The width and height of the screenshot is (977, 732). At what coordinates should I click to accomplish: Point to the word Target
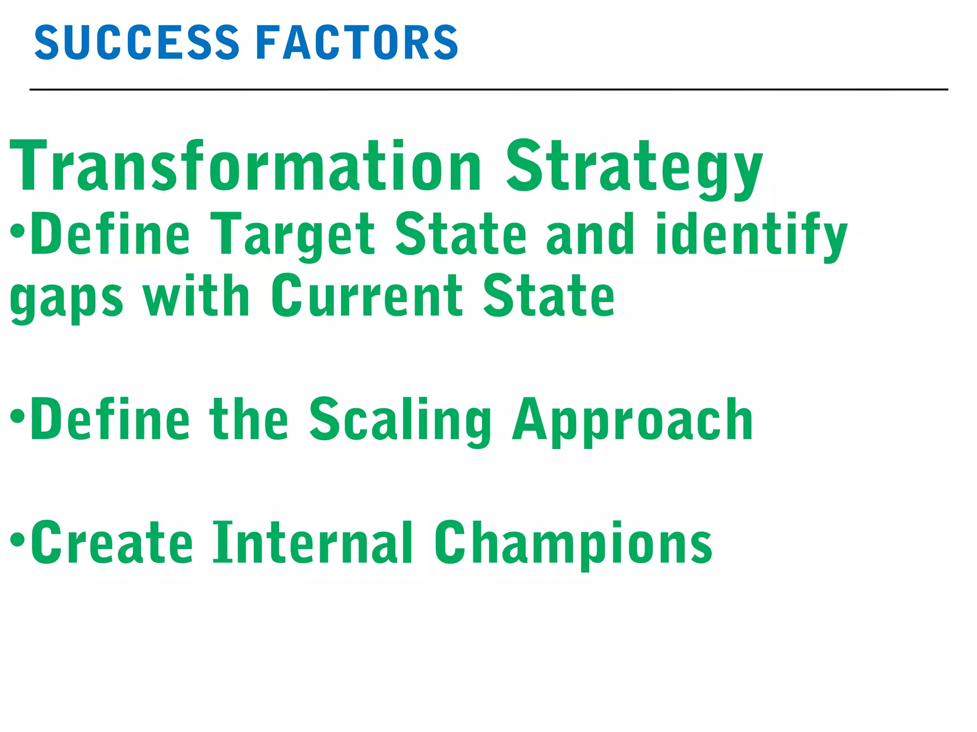tap(292, 235)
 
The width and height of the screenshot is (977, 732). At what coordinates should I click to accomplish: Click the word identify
tap(751, 235)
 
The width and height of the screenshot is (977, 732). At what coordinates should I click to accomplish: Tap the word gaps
tap(66, 298)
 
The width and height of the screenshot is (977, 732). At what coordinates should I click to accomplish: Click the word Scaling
tap(400, 421)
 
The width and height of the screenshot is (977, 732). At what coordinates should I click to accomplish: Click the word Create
tap(112, 543)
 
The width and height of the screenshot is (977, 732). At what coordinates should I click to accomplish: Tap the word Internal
tap(312, 543)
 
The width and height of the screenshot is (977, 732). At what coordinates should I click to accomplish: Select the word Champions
tap(573, 544)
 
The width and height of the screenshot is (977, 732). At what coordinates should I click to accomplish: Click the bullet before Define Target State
tap(17, 233)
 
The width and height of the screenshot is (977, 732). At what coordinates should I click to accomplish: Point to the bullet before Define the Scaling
tap(17, 417)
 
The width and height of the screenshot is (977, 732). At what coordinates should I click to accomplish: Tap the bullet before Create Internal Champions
tap(17, 539)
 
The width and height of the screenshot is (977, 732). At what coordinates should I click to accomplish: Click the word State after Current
tap(549, 296)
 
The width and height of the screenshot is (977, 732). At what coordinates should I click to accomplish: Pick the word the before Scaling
tap(249, 419)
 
